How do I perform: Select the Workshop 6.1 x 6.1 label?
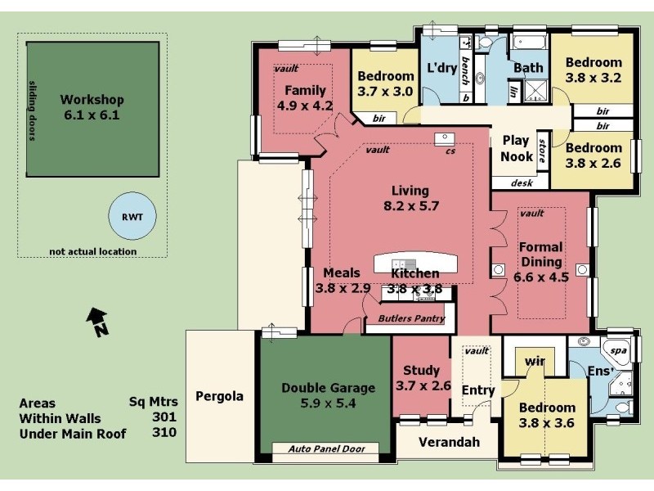click(x=92, y=108)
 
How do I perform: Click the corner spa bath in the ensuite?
click(x=617, y=352)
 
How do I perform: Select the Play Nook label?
click(x=517, y=148)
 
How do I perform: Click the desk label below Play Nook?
click(x=522, y=183)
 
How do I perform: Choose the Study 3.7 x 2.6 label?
click(x=423, y=378)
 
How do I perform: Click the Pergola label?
click(x=219, y=396)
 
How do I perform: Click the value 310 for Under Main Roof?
click(x=164, y=434)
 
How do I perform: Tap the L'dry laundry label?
click(x=441, y=68)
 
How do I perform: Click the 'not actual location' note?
click(x=92, y=251)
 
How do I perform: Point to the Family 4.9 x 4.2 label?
click(x=305, y=97)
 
